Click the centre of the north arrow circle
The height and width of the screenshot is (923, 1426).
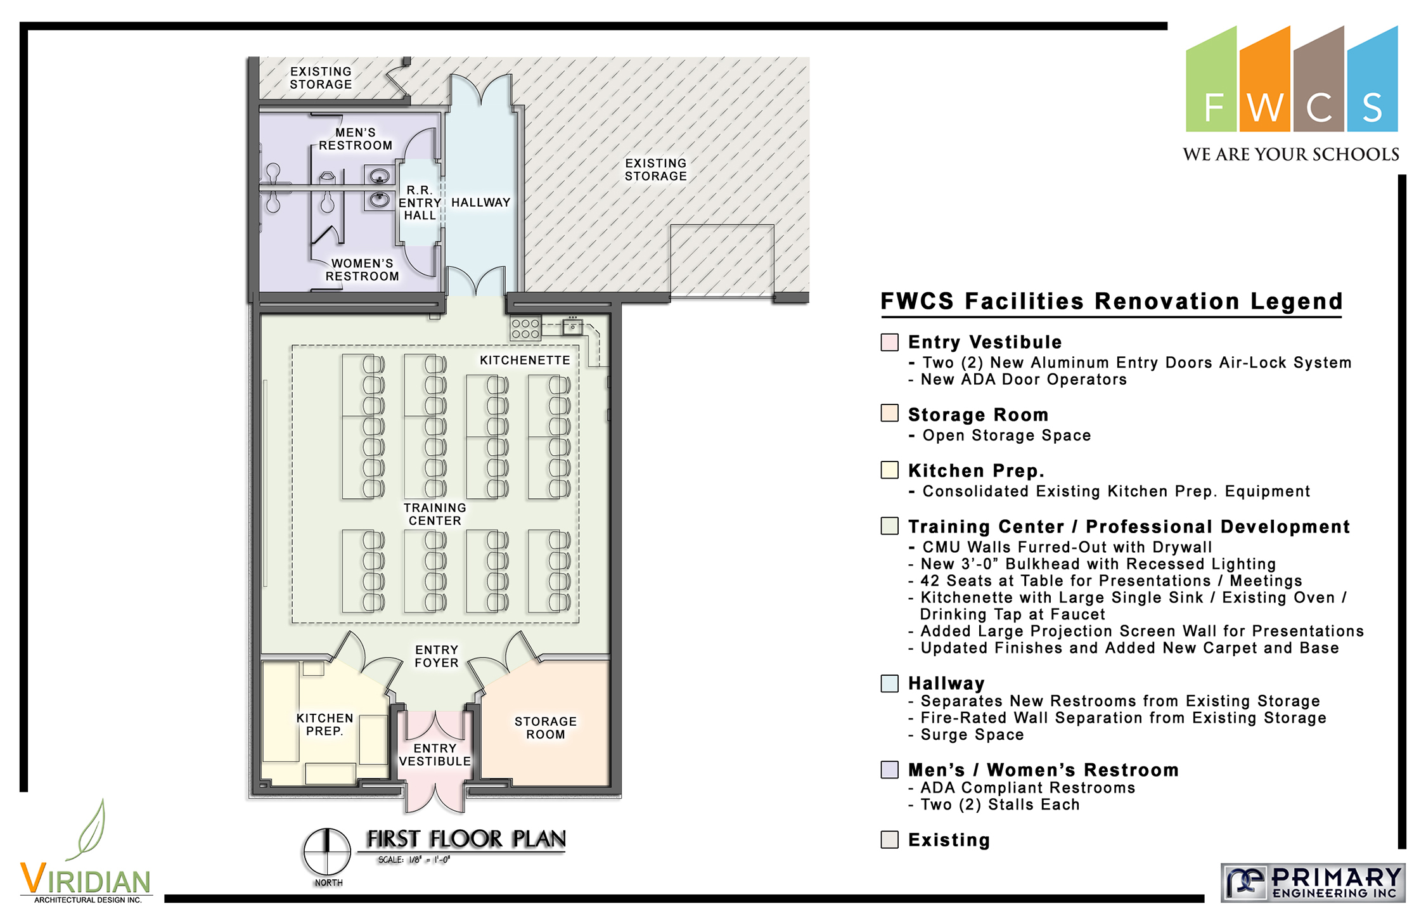click(x=327, y=851)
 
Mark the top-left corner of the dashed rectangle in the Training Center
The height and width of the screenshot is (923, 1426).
click(x=292, y=345)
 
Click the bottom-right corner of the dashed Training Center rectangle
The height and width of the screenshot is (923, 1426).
click(x=579, y=623)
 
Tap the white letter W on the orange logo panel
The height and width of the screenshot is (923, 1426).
click(x=1265, y=108)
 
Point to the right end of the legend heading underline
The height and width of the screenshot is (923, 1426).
click(x=1342, y=316)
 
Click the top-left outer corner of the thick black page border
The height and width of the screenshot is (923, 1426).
click(x=20, y=22)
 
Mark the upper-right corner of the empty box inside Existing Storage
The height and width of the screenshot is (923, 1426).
click(x=774, y=225)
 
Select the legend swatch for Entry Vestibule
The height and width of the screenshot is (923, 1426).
click(x=889, y=342)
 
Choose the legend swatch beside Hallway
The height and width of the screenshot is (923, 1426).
click(x=889, y=683)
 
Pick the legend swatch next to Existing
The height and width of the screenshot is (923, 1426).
click(x=889, y=840)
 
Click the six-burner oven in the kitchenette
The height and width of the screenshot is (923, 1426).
click(x=525, y=328)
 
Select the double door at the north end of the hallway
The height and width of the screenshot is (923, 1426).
click(x=481, y=90)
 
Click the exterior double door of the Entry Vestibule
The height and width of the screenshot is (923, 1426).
click(x=435, y=799)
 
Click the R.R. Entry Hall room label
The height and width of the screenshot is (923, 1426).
click(x=420, y=203)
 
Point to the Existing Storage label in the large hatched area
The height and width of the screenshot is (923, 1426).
click(x=656, y=170)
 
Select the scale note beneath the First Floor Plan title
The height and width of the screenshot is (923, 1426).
click(x=414, y=860)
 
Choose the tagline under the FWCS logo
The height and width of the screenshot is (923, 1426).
click(x=1291, y=155)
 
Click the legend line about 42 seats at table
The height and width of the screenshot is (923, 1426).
click(x=1105, y=581)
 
